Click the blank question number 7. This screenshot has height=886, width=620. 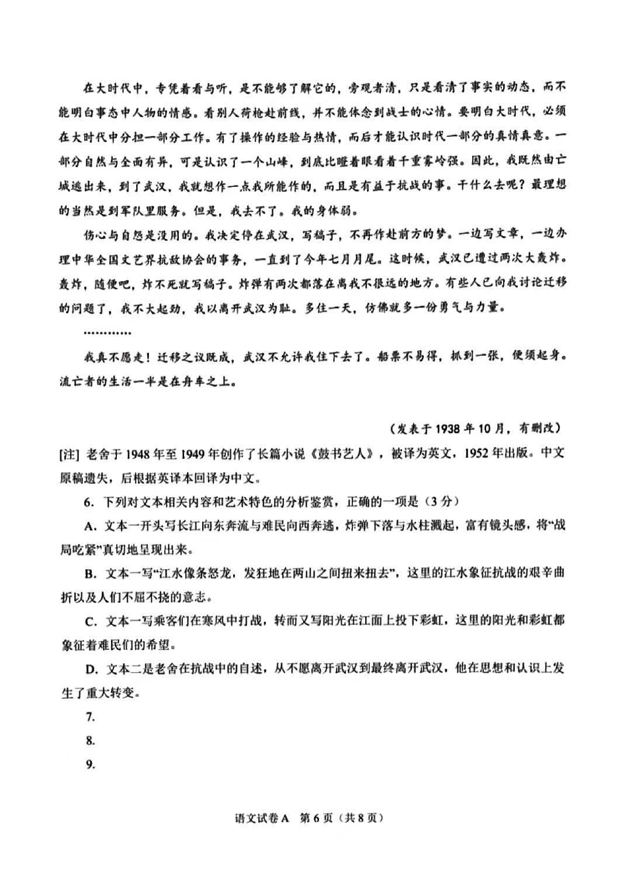tap(89, 717)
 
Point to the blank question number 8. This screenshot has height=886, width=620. tap(89, 740)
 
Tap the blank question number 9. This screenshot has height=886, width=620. tap(89, 764)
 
